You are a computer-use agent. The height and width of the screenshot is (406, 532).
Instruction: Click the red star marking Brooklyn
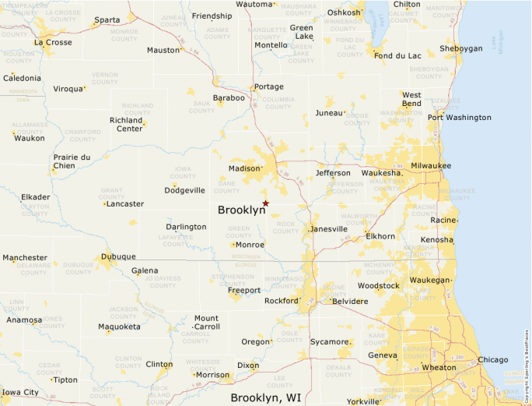coord(265,203)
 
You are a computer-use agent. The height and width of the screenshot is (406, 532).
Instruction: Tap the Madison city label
coord(245,168)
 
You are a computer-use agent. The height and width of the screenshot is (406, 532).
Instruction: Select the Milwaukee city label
coord(431,166)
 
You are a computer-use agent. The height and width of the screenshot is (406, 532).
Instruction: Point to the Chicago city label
coord(492,359)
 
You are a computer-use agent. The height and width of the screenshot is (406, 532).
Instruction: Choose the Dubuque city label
coord(118,256)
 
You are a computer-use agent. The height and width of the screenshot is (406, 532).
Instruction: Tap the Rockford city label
coord(281,301)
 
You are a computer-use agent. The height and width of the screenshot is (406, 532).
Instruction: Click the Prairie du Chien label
coord(71,161)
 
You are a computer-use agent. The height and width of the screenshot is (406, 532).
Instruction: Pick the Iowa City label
coord(20,392)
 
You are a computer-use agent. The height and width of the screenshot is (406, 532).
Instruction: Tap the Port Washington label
coord(459,118)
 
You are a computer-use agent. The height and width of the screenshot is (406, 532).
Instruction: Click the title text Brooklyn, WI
coord(265,397)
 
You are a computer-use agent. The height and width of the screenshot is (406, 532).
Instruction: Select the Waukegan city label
coord(430,280)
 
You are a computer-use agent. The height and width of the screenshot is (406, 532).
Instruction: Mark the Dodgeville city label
coord(184,190)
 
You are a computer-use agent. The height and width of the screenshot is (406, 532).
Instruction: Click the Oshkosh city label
coord(344,12)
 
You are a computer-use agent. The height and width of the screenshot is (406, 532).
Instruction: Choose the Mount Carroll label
coord(206,323)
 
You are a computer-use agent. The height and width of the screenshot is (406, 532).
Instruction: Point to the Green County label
coord(239,231)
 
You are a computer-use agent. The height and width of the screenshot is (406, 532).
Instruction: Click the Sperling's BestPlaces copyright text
coord(527,359)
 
